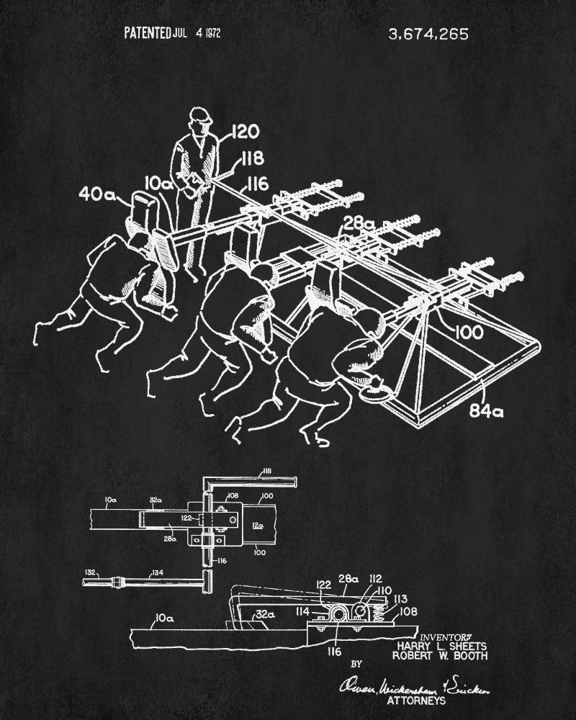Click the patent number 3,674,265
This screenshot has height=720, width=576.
(x=428, y=32)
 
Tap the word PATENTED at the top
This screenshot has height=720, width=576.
(x=146, y=32)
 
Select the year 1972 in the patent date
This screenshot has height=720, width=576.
(x=214, y=32)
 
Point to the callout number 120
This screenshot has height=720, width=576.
(x=246, y=132)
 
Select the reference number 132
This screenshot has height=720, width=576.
(x=89, y=572)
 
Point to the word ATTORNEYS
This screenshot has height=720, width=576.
(x=415, y=699)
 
